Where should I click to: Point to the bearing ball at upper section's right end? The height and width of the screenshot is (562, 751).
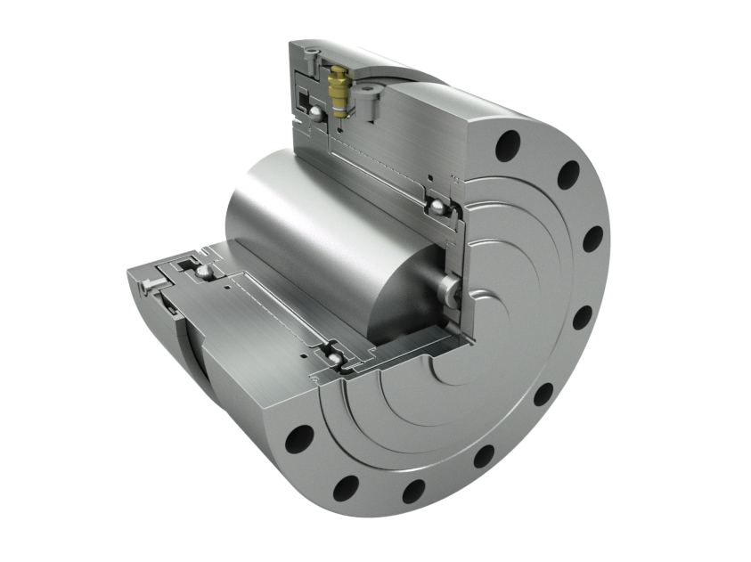tap(437, 207)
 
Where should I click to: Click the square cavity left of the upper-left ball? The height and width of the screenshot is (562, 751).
tap(300, 101)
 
